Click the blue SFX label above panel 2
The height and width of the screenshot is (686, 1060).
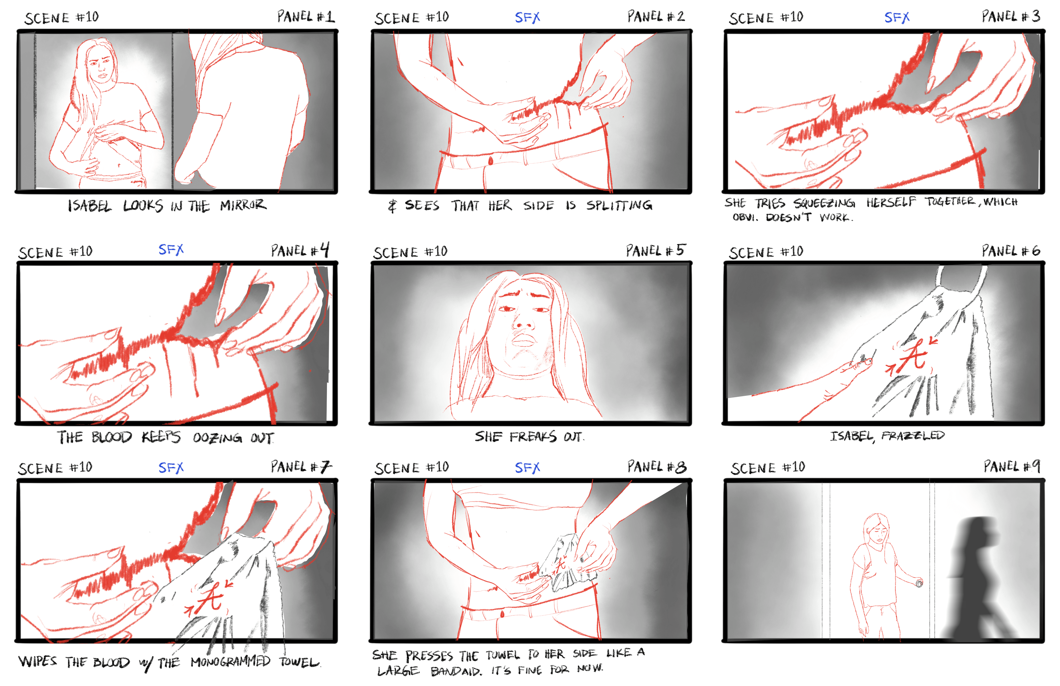tap(527, 18)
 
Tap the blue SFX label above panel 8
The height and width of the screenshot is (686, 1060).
tap(527, 468)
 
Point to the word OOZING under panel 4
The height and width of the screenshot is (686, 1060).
tap(217, 438)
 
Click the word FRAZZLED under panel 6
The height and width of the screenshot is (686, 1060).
tap(913, 436)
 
